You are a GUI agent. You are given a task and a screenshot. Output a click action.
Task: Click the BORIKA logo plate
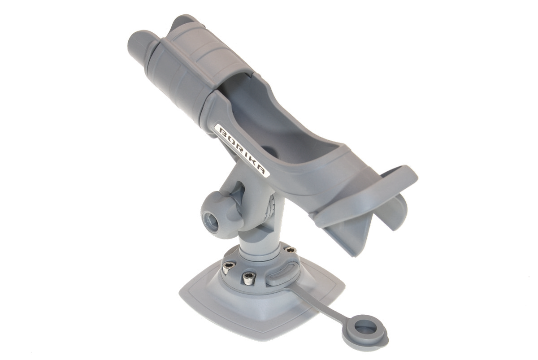(243, 151)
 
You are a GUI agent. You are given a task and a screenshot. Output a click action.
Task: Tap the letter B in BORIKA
(223, 131)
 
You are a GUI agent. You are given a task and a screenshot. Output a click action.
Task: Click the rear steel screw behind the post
(291, 251)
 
